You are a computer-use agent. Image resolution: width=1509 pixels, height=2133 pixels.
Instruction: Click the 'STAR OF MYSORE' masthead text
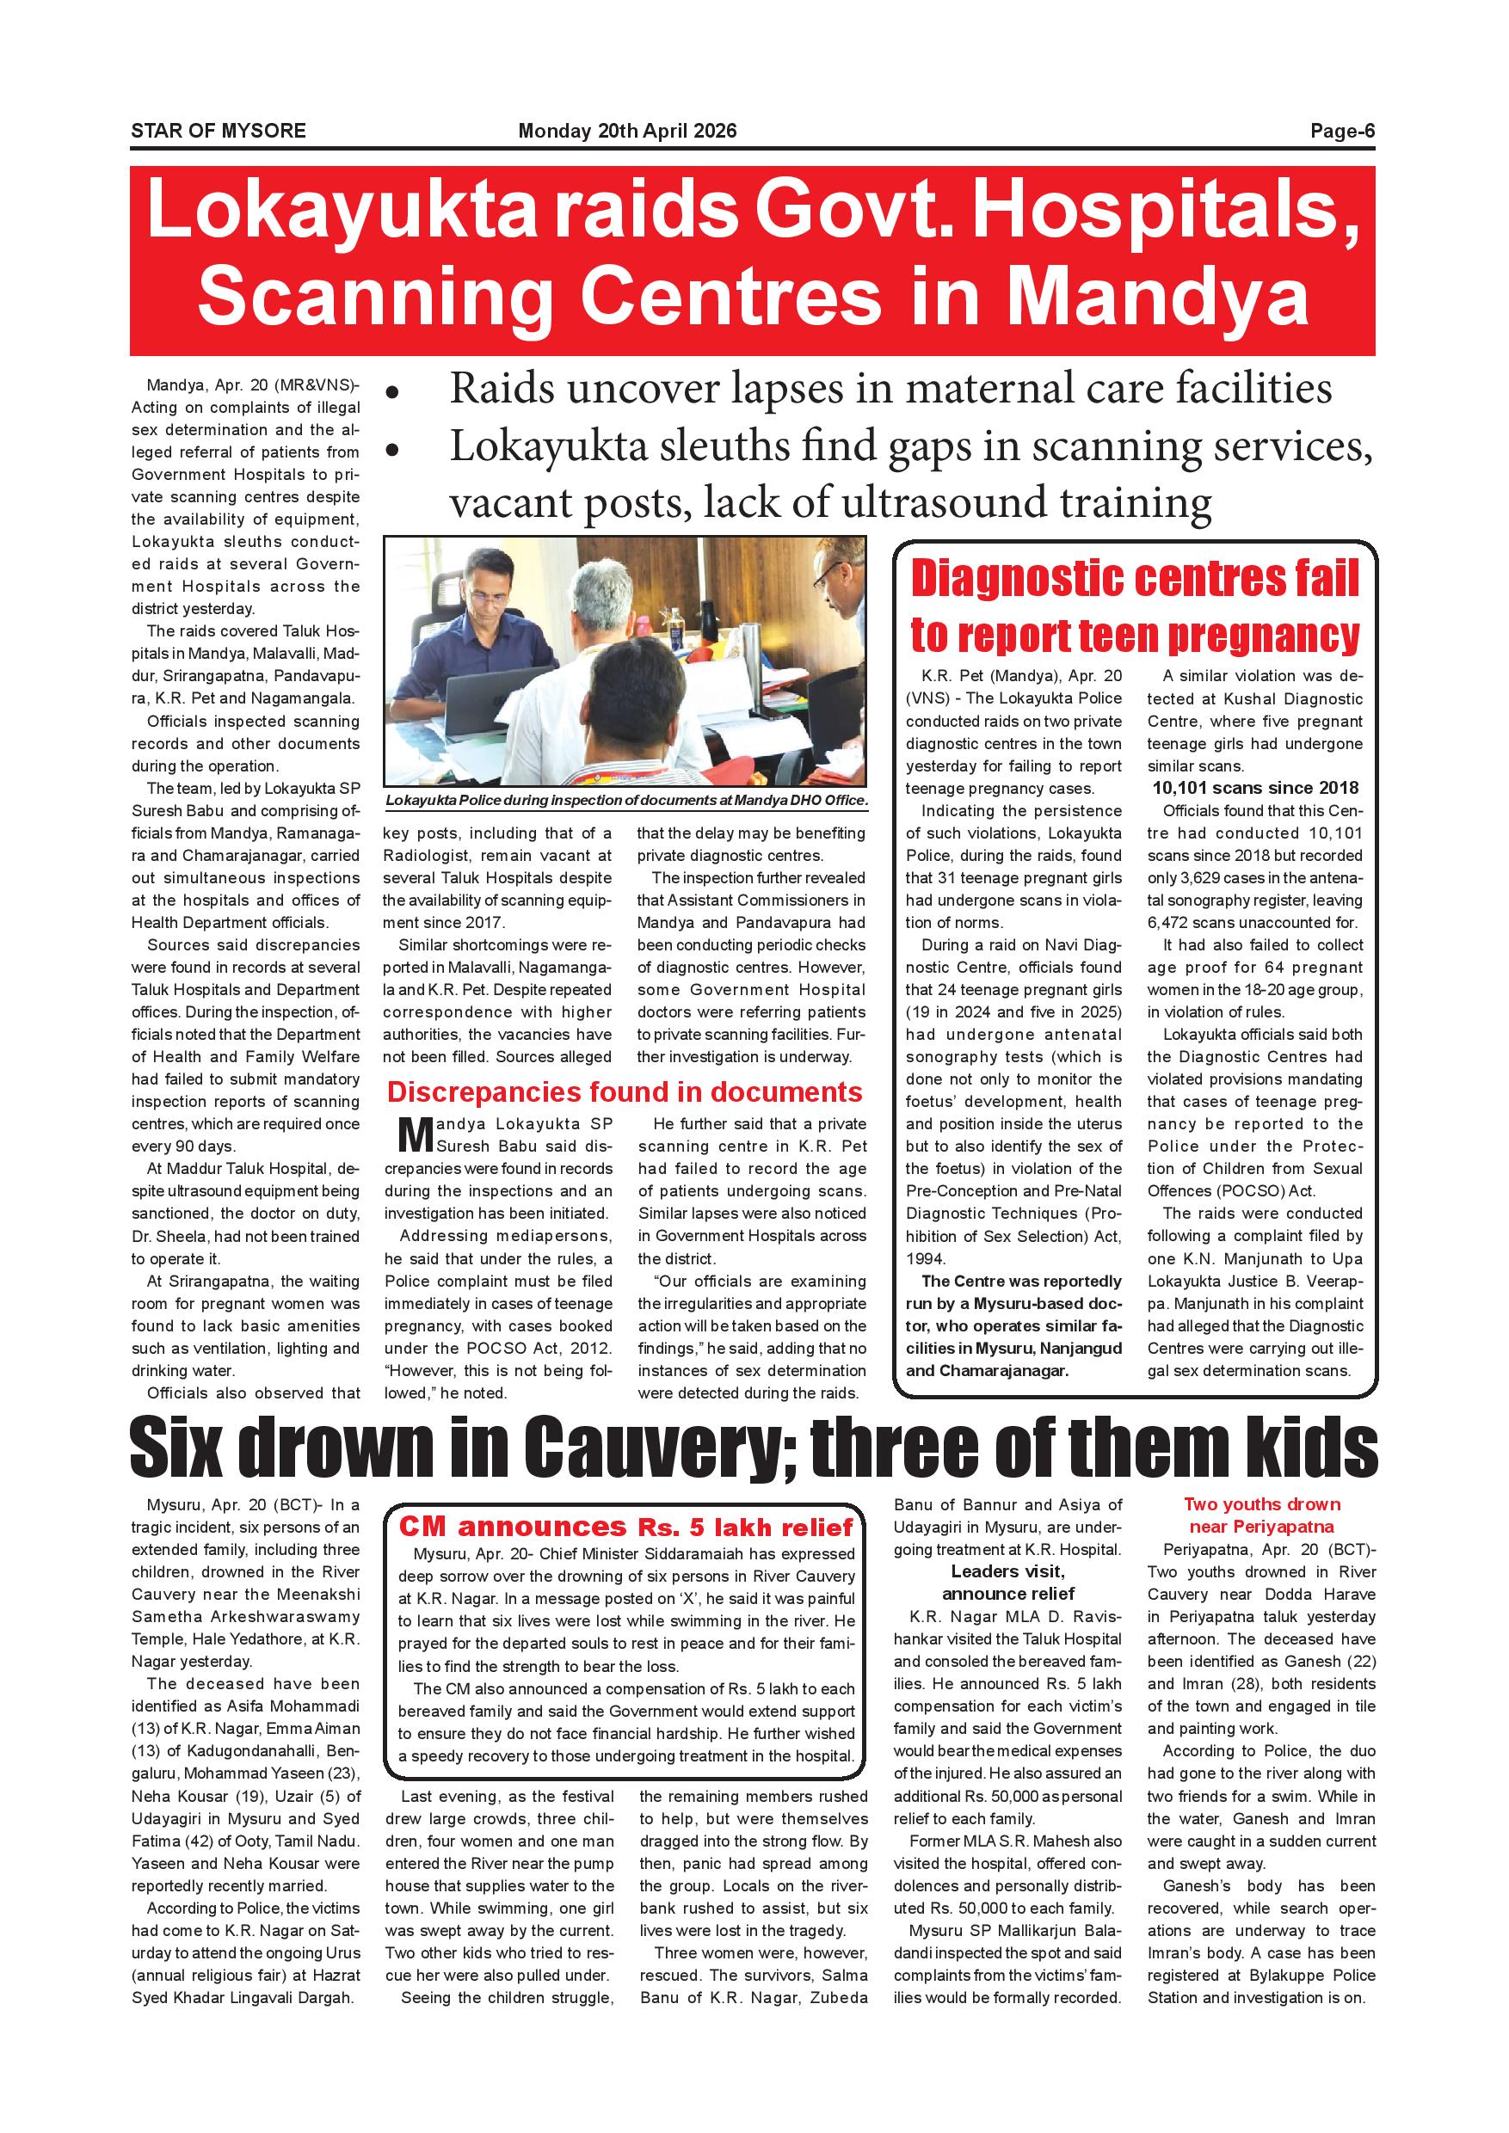(x=219, y=131)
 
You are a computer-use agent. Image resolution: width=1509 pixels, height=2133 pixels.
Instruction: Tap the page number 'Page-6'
(x=1342, y=131)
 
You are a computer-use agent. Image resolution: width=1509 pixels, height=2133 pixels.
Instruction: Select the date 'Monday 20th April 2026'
(x=627, y=131)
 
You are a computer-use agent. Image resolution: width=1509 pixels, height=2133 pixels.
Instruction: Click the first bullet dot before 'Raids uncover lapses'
(x=393, y=394)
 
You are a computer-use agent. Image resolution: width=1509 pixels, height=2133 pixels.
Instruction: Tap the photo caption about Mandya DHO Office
(x=625, y=800)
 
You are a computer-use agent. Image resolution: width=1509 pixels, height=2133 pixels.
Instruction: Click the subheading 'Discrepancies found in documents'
(x=625, y=1092)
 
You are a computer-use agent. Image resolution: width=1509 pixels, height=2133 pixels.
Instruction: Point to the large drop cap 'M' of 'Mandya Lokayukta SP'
(x=415, y=1134)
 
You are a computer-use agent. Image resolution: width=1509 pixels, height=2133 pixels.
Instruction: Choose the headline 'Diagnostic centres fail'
(x=1135, y=579)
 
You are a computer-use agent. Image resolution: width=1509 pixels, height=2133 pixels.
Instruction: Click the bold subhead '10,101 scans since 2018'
(x=1254, y=788)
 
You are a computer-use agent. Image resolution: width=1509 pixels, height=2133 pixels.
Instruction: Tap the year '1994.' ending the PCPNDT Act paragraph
(x=926, y=1259)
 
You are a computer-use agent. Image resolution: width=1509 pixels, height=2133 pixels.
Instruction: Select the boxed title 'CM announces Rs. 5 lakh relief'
(x=625, y=1527)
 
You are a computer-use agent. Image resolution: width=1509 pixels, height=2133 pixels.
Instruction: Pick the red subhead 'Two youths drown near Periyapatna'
(x=1261, y=1515)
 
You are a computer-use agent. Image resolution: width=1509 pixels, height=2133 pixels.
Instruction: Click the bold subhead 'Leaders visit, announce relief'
(x=1007, y=1582)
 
